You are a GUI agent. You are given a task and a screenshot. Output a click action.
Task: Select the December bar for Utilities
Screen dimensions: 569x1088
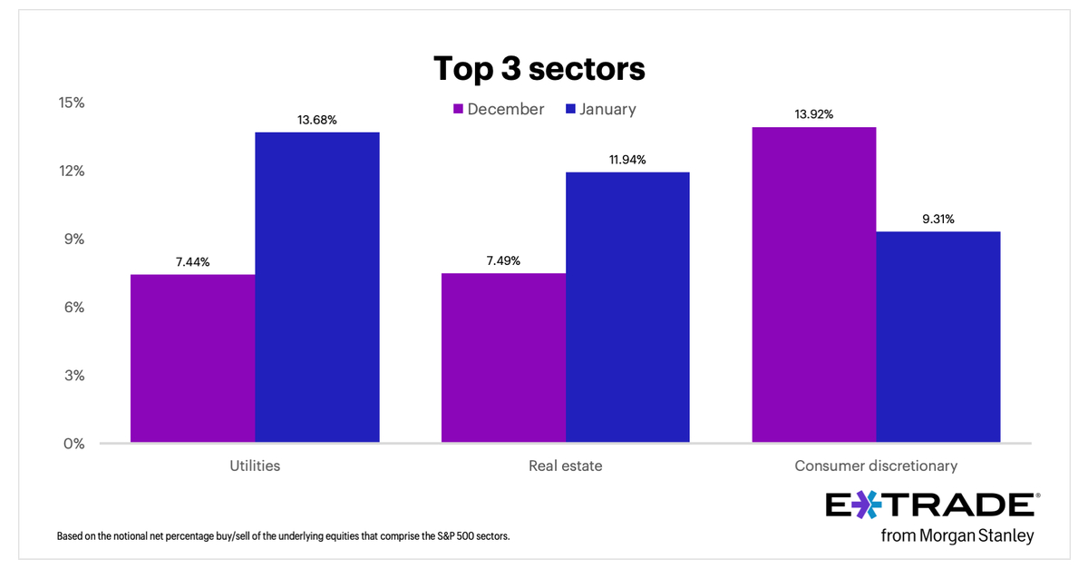(x=192, y=358)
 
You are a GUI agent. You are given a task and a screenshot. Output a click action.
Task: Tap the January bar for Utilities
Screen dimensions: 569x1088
(x=316, y=288)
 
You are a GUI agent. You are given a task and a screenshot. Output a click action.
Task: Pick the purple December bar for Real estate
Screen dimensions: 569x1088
(x=503, y=358)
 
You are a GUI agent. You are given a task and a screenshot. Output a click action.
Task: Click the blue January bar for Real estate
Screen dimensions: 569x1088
(x=627, y=308)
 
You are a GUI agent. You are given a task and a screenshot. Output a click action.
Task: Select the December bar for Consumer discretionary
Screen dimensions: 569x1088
(x=813, y=285)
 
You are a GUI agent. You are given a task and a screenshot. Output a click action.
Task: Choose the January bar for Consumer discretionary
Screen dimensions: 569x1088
(x=938, y=338)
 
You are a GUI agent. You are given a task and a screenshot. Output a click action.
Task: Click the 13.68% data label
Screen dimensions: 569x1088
(x=316, y=120)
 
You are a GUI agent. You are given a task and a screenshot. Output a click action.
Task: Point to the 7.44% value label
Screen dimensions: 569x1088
(x=192, y=262)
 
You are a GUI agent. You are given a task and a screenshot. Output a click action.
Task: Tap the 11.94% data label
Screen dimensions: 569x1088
(x=627, y=160)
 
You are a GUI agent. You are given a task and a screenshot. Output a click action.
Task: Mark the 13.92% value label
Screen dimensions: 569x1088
(x=813, y=114)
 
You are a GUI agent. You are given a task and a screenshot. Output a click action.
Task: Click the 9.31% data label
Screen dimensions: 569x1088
(x=938, y=219)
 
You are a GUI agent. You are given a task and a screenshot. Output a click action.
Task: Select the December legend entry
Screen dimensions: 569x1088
(x=498, y=109)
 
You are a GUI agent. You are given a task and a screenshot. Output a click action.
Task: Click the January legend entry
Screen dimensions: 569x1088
(x=600, y=109)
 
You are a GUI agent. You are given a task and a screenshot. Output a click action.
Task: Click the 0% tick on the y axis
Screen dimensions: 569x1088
(x=73, y=444)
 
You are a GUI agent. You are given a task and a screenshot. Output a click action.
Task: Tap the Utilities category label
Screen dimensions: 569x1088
(x=255, y=466)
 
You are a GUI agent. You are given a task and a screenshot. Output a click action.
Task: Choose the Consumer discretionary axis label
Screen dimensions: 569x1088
(x=876, y=466)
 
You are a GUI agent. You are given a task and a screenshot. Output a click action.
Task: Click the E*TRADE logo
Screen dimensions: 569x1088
(x=932, y=505)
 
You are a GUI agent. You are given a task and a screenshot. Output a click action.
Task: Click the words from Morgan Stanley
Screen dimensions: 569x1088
(x=957, y=535)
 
